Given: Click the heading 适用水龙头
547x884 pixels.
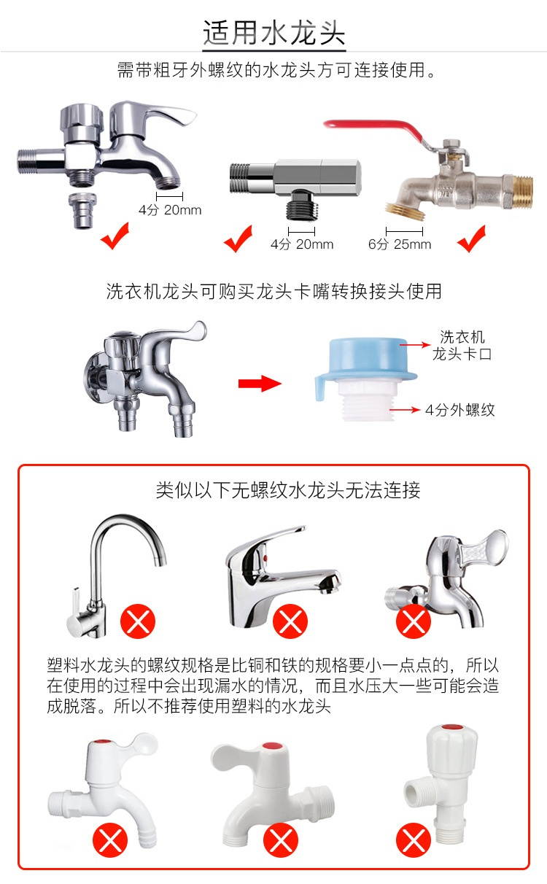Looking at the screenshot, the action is (274, 33).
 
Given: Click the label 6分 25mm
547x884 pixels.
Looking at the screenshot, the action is (400, 244).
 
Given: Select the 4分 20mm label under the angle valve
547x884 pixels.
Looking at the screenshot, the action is (302, 244).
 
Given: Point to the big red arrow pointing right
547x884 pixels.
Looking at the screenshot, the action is (260, 383).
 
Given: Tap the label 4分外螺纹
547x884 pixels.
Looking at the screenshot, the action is (459, 410).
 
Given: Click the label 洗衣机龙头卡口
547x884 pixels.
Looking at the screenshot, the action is (462, 345).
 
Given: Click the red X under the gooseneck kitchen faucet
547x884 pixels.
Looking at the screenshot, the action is (138, 621).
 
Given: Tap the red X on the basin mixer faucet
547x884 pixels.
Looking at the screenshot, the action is (290, 621).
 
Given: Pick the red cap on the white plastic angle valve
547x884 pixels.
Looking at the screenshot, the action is (452, 727).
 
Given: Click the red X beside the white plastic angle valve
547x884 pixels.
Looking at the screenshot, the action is (414, 840).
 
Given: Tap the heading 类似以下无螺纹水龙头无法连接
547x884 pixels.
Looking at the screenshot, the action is (287, 490).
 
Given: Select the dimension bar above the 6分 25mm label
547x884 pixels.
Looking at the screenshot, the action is (404, 231).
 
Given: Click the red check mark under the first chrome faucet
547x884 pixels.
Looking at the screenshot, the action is (115, 236).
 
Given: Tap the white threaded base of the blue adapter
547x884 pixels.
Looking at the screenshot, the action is (367, 402).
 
